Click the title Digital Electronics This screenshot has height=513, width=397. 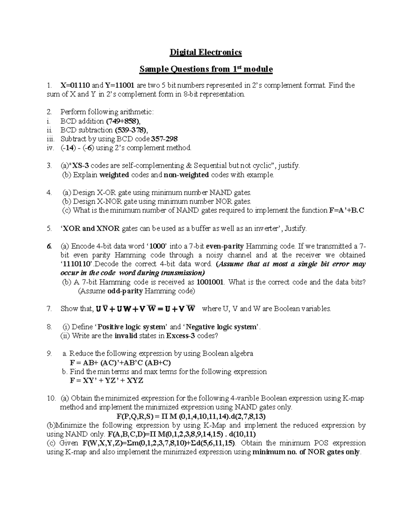pyautogui.click(x=205, y=52)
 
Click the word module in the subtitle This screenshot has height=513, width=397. pyautogui.click(x=257, y=69)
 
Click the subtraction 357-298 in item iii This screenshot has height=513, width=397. pyautogui.click(x=167, y=139)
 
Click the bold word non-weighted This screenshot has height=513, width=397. pyautogui.click(x=186, y=175)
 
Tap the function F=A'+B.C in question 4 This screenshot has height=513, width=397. pyautogui.click(x=347, y=210)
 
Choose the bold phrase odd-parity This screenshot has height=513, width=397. pyautogui.click(x=125, y=291)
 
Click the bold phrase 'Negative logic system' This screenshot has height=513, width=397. pyautogui.click(x=222, y=327)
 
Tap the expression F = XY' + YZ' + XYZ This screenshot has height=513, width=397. pyautogui.click(x=106, y=381)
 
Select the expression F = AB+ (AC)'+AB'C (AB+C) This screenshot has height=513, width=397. pyautogui.click(x=120, y=363)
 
